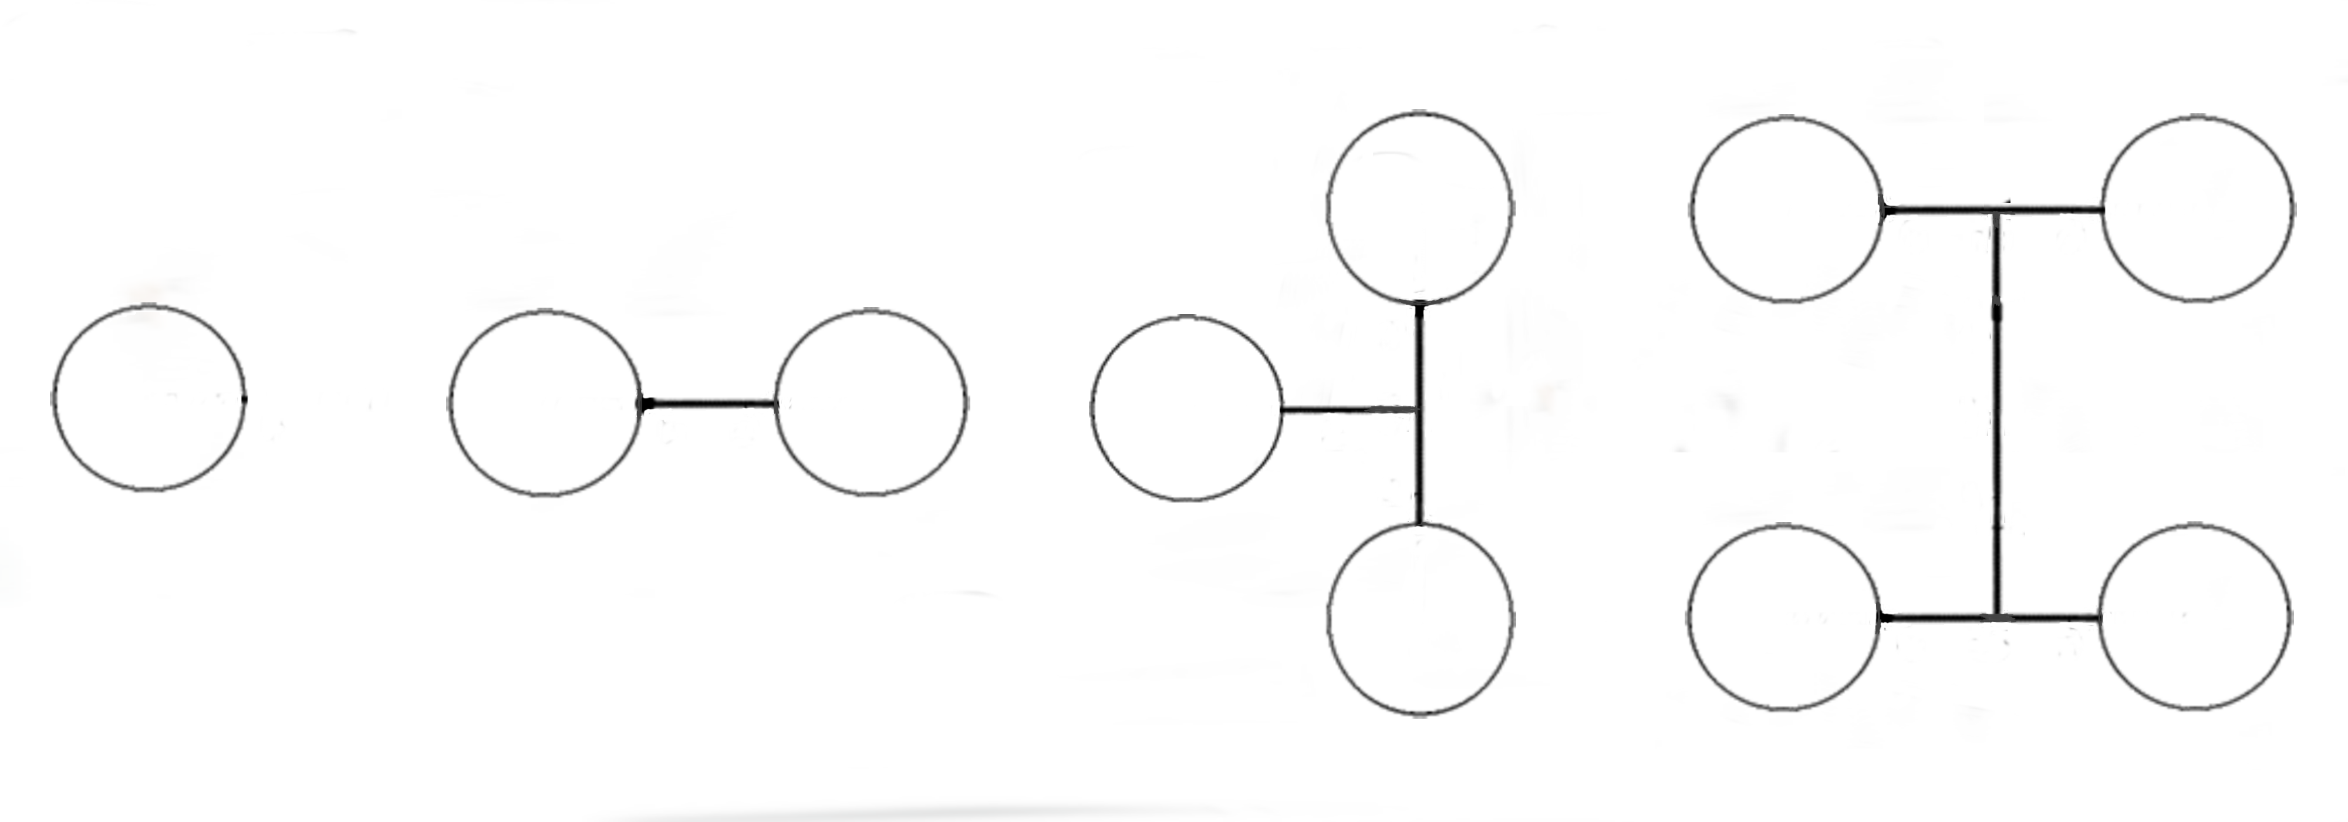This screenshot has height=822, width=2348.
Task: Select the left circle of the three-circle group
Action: click(x=1186, y=408)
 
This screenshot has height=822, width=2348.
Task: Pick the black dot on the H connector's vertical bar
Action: click(x=1997, y=312)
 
